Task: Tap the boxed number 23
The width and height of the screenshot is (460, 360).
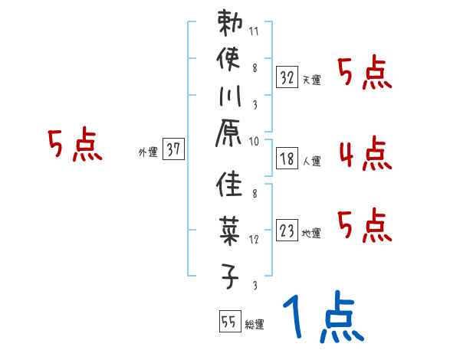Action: pyautogui.click(x=287, y=231)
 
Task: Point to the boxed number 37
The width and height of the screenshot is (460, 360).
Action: pyautogui.click(x=173, y=150)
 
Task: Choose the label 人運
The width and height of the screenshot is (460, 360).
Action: pyautogui.click(x=311, y=162)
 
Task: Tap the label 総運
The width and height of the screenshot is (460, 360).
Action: pyautogui.click(x=255, y=325)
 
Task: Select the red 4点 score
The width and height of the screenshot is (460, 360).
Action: pyautogui.click(x=364, y=154)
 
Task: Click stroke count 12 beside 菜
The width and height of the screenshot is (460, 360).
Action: pyautogui.click(x=254, y=239)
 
